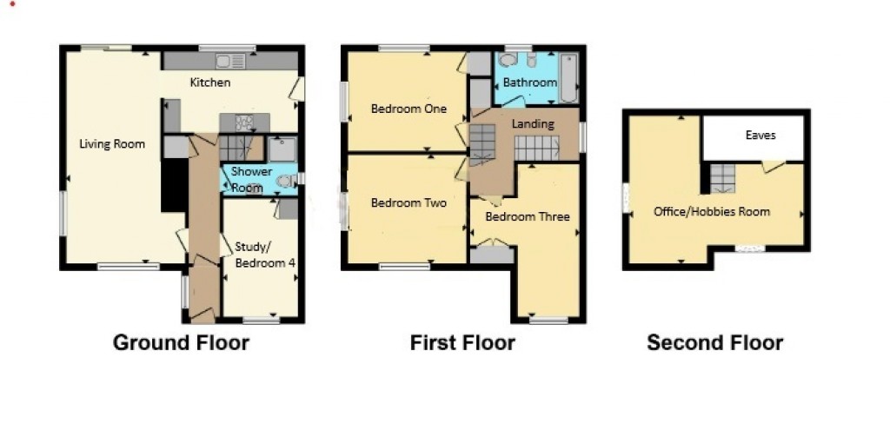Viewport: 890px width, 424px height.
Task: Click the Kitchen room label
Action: click(210, 83)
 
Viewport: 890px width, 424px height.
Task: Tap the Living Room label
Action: click(112, 144)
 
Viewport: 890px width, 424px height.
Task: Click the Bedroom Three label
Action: click(528, 217)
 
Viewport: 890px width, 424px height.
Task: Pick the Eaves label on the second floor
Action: click(760, 135)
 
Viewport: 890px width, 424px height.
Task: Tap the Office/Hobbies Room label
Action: click(712, 212)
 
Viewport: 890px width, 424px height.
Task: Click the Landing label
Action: click(533, 123)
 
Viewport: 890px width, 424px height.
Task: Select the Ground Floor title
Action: click(181, 343)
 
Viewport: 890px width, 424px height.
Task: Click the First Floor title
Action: click(462, 343)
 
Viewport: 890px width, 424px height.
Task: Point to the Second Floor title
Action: click(715, 343)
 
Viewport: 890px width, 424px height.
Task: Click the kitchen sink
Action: click(230, 61)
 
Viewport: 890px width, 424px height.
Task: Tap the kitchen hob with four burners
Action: click(244, 123)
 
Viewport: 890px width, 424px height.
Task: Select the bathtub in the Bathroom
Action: click(568, 78)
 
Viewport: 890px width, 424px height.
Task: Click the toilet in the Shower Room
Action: click(285, 181)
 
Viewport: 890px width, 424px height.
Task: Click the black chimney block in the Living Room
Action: click(174, 184)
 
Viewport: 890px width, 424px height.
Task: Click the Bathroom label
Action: click(530, 83)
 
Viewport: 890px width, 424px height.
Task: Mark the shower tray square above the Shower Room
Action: click(282, 149)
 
